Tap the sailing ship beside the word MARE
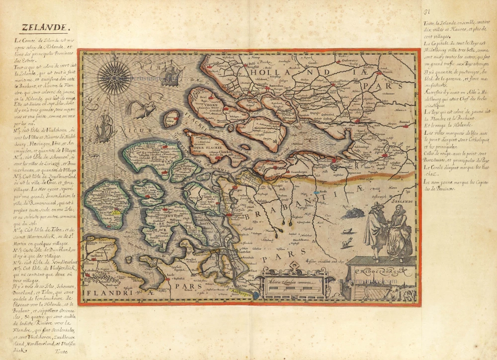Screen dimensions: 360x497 [170, 75]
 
